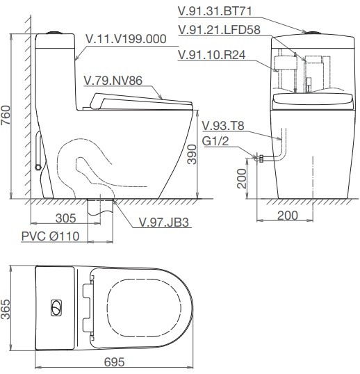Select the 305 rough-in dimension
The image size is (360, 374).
click(65, 218)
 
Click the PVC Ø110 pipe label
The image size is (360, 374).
click(50, 236)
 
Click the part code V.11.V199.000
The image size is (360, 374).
click(125, 40)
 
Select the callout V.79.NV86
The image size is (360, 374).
click(112, 79)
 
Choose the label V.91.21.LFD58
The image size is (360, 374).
click(219, 30)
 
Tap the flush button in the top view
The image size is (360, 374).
click(55, 307)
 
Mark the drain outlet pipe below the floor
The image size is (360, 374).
click(100, 206)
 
